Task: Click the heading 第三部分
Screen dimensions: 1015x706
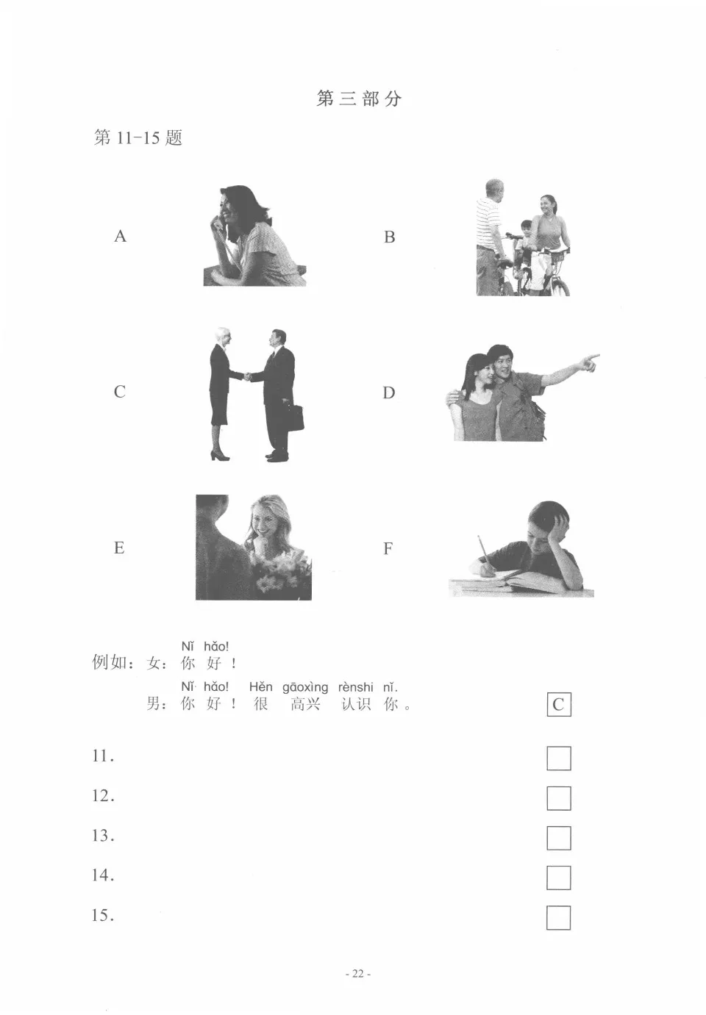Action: tap(359, 98)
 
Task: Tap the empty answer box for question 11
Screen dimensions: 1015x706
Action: tap(559, 758)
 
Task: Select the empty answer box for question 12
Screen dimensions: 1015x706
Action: tap(559, 797)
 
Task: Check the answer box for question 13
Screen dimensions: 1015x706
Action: tap(559, 837)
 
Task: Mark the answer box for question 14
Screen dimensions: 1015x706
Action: tap(559, 877)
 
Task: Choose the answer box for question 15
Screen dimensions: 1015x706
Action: tap(559, 917)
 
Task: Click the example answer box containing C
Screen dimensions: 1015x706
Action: tap(558, 704)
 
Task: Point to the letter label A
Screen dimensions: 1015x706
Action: tap(121, 236)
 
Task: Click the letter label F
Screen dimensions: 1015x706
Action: tap(388, 548)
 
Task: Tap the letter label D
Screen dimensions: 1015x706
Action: tap(389, 392)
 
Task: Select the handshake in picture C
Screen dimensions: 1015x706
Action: tap(246, 376)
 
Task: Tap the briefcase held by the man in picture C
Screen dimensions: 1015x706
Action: tap(296, 417)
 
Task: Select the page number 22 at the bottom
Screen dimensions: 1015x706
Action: tap(358, 974)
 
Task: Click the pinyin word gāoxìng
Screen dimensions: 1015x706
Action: tap(305, 687)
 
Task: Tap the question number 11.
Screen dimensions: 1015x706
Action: tap(102, 756)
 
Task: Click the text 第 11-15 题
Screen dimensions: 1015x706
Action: tap(138, 137)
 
